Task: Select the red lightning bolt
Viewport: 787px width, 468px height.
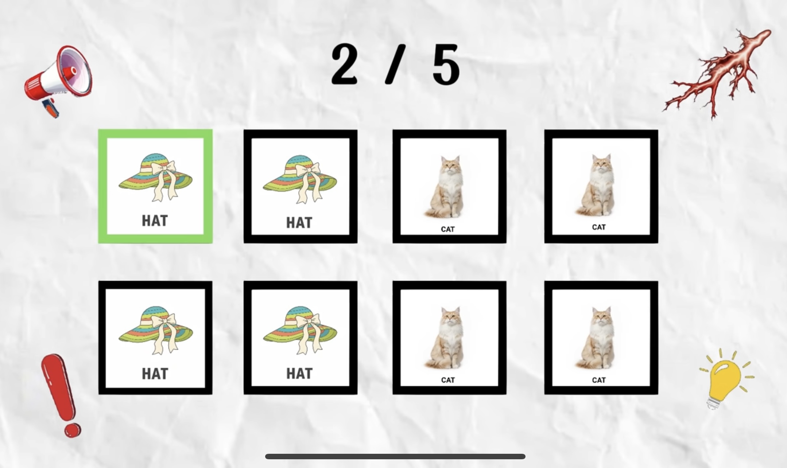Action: pyautogui.click(x=717, y=73)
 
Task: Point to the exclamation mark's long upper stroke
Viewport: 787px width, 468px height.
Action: pyautogui.click(x=58, y=386)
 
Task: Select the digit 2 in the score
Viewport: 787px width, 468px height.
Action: pyautogui.click(x=344, y=64)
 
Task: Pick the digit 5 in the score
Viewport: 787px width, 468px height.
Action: pyautogui.click(x=446, y=65)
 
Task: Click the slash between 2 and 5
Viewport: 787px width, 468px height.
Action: pyautogui.click(x=395, y=65)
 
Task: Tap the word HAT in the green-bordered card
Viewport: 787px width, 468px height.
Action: pyautogui.click(x=155, y=221)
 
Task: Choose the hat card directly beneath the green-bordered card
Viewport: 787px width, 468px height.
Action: pyautogui.click(x=155, y=338)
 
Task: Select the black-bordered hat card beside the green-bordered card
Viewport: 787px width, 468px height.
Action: pyautogui.click(x=301, y=186)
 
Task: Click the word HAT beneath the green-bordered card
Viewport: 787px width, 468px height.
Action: pyautogui.click(x=155, y=374)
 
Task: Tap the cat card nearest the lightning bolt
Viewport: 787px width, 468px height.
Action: pyautogui.click(x=601, y=186)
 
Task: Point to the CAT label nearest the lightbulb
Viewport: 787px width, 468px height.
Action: pyautogui.click(x=599, y=380)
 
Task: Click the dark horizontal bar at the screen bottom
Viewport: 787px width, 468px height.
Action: pyautogui.click(x=395, y=456)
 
